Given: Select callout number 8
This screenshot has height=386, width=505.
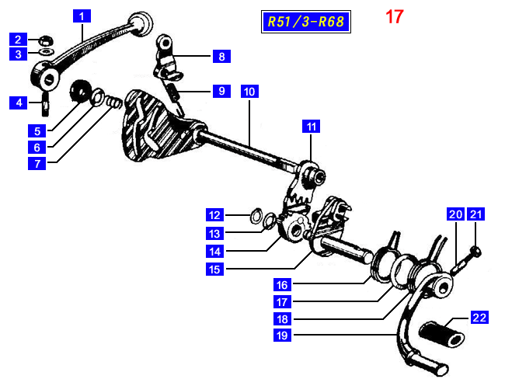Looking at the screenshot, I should tap(221, 56).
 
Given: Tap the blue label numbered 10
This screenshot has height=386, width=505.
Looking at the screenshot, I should tap(249, 91).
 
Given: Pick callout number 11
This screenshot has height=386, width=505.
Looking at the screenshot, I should tap(311, 126).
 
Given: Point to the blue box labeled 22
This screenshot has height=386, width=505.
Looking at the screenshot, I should tap(479, 317).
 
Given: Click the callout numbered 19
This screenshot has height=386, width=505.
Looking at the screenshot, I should tap(282, 336).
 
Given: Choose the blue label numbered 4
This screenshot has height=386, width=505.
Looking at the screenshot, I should tap(19, 102).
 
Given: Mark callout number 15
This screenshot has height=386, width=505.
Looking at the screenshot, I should tap(214, 270).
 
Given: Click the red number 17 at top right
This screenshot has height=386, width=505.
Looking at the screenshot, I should tap(394, 16).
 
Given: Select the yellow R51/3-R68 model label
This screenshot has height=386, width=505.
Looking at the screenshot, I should tap(305, 21).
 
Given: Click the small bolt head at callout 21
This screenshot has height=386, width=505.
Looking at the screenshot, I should tap(475, 250).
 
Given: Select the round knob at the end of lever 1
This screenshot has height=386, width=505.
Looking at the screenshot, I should tap(141, 22).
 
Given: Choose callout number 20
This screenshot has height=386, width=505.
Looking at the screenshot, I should tap(455, 214).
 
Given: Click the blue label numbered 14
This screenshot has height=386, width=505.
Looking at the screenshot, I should tap(214, 251).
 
